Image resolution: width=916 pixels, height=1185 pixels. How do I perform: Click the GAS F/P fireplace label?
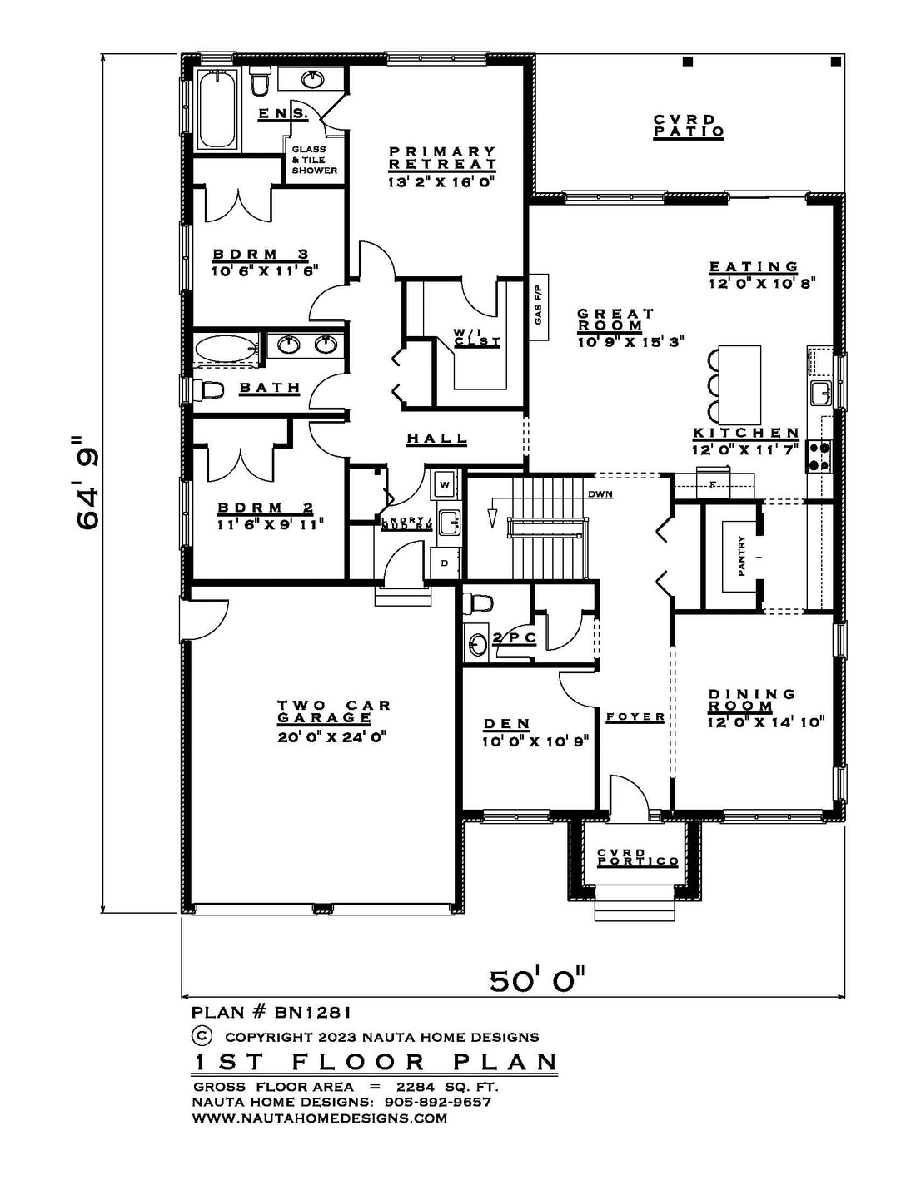(539, 306)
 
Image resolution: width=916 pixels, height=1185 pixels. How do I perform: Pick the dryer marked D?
(445, 563)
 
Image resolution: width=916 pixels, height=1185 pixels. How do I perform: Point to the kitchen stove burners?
(819, 456)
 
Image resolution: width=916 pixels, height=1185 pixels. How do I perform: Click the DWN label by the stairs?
(600, 494)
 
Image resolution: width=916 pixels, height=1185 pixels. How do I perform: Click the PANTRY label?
(741, 556)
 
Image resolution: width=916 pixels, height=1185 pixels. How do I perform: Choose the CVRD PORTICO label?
(638, 858)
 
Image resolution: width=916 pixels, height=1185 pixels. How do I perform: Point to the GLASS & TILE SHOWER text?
(314, 160)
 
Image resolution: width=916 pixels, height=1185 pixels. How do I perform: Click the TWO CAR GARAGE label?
(333, 711)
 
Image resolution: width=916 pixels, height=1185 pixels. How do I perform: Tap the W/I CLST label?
(476, 337)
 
